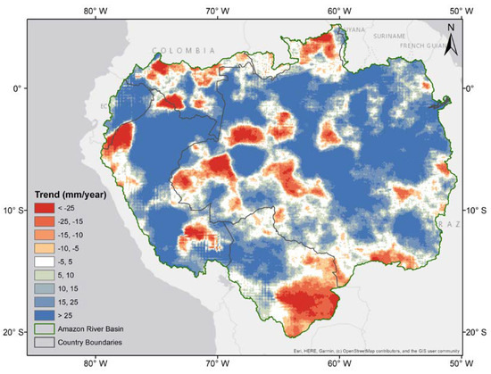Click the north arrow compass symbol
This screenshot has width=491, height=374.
tap(453, 36)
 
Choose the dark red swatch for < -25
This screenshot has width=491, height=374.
tap(45, 209)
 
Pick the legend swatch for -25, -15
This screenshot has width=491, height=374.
tap(45, 223)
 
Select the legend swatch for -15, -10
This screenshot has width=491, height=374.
tap(45, 237)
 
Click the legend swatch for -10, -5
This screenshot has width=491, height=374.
tap(45, 252)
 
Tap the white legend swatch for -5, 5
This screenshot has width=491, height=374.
tap(45, 266)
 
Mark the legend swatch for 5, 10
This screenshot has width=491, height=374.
tap(45, 280)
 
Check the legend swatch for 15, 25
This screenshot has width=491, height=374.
tap(45, 309)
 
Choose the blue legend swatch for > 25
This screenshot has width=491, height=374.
tap(45, 323)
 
